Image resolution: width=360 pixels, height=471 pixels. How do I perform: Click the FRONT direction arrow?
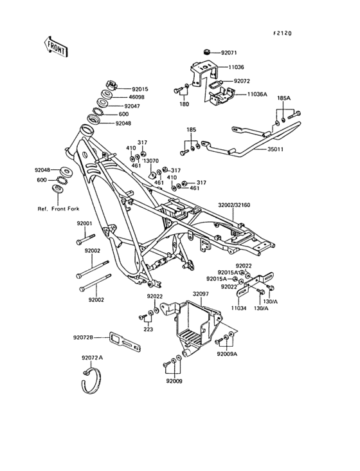pyautogui.click(x=55, y=47)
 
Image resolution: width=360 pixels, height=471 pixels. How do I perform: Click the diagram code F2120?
pyautogui.click(x=282, y=33)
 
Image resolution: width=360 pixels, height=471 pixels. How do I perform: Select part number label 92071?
pyautogui.click(x=229, y=53)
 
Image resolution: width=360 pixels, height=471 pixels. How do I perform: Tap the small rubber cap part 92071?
pyautogui.click(x=206, y=52)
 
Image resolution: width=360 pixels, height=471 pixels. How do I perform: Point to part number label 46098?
pyautogui.click(x=136, y=97)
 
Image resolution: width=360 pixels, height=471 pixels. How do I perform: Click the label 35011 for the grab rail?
pyautogui.click(x=275, y=149)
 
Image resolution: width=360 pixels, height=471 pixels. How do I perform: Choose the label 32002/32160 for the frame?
pyautogui.click(x=234, y=205)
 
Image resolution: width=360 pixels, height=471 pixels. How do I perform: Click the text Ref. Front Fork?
pyautogui.click(x=59, y=208)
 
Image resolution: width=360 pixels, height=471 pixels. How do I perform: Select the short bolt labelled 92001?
pyautogui.click(x=85, y=239)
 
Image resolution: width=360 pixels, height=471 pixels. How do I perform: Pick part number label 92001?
pyautogui.click(x=84, y=224)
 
